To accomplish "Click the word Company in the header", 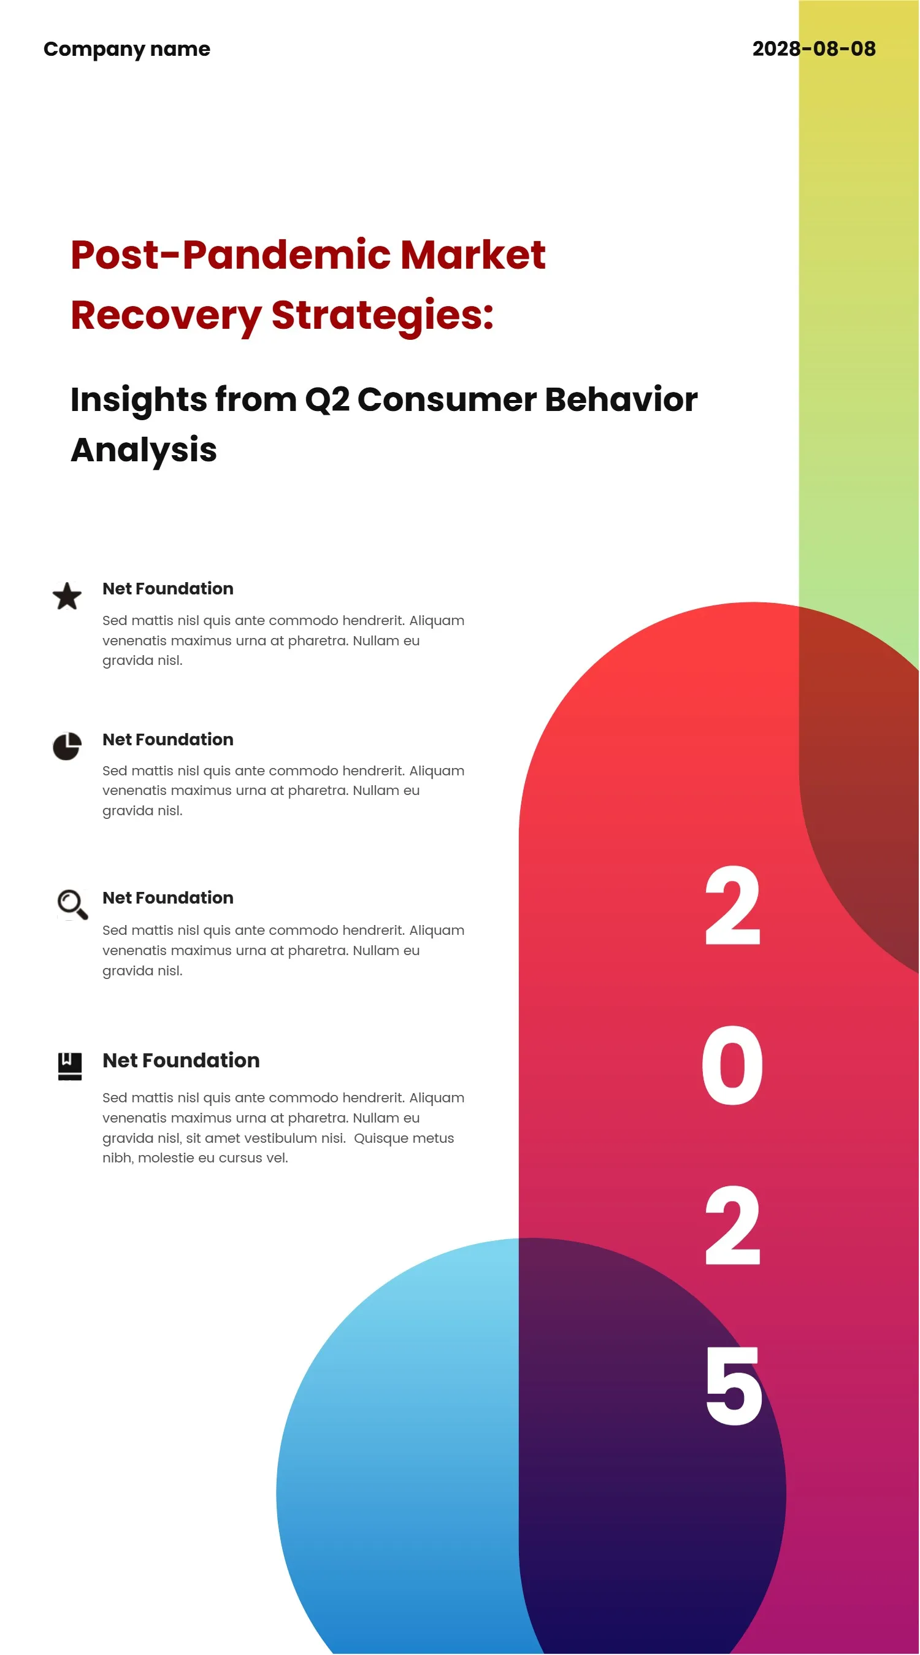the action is point(94,50).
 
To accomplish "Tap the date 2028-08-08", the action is point(813,49).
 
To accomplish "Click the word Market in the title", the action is point(473,255).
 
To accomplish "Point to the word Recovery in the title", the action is point(166,316).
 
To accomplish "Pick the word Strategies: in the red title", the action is point(382,316).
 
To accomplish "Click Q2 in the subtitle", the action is point(327,401).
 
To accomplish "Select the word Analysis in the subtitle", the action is point(144,450).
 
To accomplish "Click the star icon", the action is point(67,596).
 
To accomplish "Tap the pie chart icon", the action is point(67,746).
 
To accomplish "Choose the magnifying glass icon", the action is point(72,905).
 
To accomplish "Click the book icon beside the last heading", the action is point(70,1067).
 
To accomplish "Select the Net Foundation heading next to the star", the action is point(167,588).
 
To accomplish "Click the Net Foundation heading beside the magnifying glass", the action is point(167,897).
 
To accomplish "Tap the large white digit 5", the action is point(733,1385).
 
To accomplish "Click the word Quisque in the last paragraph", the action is point(379,1139).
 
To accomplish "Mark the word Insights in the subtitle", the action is point(139,401).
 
